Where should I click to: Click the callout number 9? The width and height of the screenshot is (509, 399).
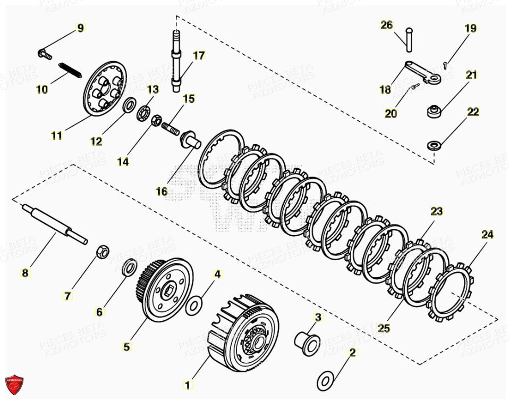80,28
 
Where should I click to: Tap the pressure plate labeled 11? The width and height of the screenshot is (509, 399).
105,88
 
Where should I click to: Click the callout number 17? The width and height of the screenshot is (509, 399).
199,55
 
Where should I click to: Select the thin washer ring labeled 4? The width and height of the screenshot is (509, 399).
196,304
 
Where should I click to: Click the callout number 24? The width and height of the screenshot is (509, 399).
487,235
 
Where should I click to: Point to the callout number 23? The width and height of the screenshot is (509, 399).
436,212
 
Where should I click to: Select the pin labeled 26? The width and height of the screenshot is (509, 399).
409,40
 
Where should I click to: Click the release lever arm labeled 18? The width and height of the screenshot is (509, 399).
420,71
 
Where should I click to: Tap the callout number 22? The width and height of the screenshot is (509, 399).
473,112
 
